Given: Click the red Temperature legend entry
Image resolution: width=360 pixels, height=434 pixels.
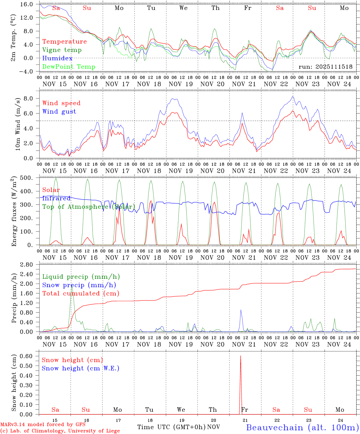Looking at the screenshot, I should [64, 42].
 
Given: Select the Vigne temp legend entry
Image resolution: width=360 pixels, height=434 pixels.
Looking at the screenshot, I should [62, 50].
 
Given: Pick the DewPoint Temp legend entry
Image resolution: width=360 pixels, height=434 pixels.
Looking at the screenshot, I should [69, 67].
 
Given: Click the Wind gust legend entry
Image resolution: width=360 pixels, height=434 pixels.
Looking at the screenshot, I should [59, 112].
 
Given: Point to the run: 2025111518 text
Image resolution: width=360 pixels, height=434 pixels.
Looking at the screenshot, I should [325, 67].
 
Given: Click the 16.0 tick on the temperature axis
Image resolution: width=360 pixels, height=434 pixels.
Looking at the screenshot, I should [27, 4].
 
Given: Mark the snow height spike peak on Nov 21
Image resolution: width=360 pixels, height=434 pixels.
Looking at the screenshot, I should [241, 356].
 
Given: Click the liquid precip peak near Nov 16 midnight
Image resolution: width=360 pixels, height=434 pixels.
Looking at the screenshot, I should [71, 285].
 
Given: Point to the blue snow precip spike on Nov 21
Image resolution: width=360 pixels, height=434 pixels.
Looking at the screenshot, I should [241, 310].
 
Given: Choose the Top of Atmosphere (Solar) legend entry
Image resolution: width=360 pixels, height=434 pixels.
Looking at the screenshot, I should [89, 207].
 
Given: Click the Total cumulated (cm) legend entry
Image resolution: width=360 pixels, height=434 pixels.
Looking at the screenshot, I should [81, 294].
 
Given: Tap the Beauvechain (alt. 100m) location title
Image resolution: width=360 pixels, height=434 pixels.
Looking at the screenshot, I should [302, 427].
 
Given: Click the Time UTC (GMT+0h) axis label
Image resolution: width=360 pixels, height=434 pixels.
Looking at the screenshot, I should [171, 427].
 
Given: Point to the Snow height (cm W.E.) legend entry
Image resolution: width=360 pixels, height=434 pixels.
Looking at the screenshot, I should [80, 368].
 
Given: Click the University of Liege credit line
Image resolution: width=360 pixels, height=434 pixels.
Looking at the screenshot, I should [60, 431].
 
